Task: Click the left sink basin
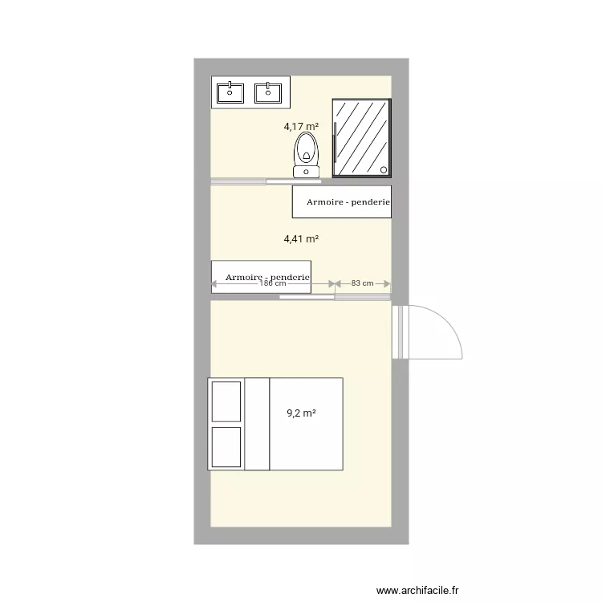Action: (x=230, y=93)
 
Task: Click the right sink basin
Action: (x=268, y=93)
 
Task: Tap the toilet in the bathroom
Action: (x=306, y=150)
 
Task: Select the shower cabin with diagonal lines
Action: (x=361, y=137)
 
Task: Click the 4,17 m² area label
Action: (x=301, y=126)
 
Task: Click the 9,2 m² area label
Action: (x=301, y=414)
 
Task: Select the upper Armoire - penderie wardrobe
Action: (x=341, y=201)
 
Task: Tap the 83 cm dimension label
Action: (x=363, y=283)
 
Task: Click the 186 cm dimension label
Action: (x=273, y=283)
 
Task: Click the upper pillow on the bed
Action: (x=226, y=401)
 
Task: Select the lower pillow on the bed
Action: (x=226, y=446)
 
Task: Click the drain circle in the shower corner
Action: (x=384, y=170)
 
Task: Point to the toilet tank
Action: (x=306, y=171)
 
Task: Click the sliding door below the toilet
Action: (x=291, y=181)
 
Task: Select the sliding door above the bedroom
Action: (x=307, y=297)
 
